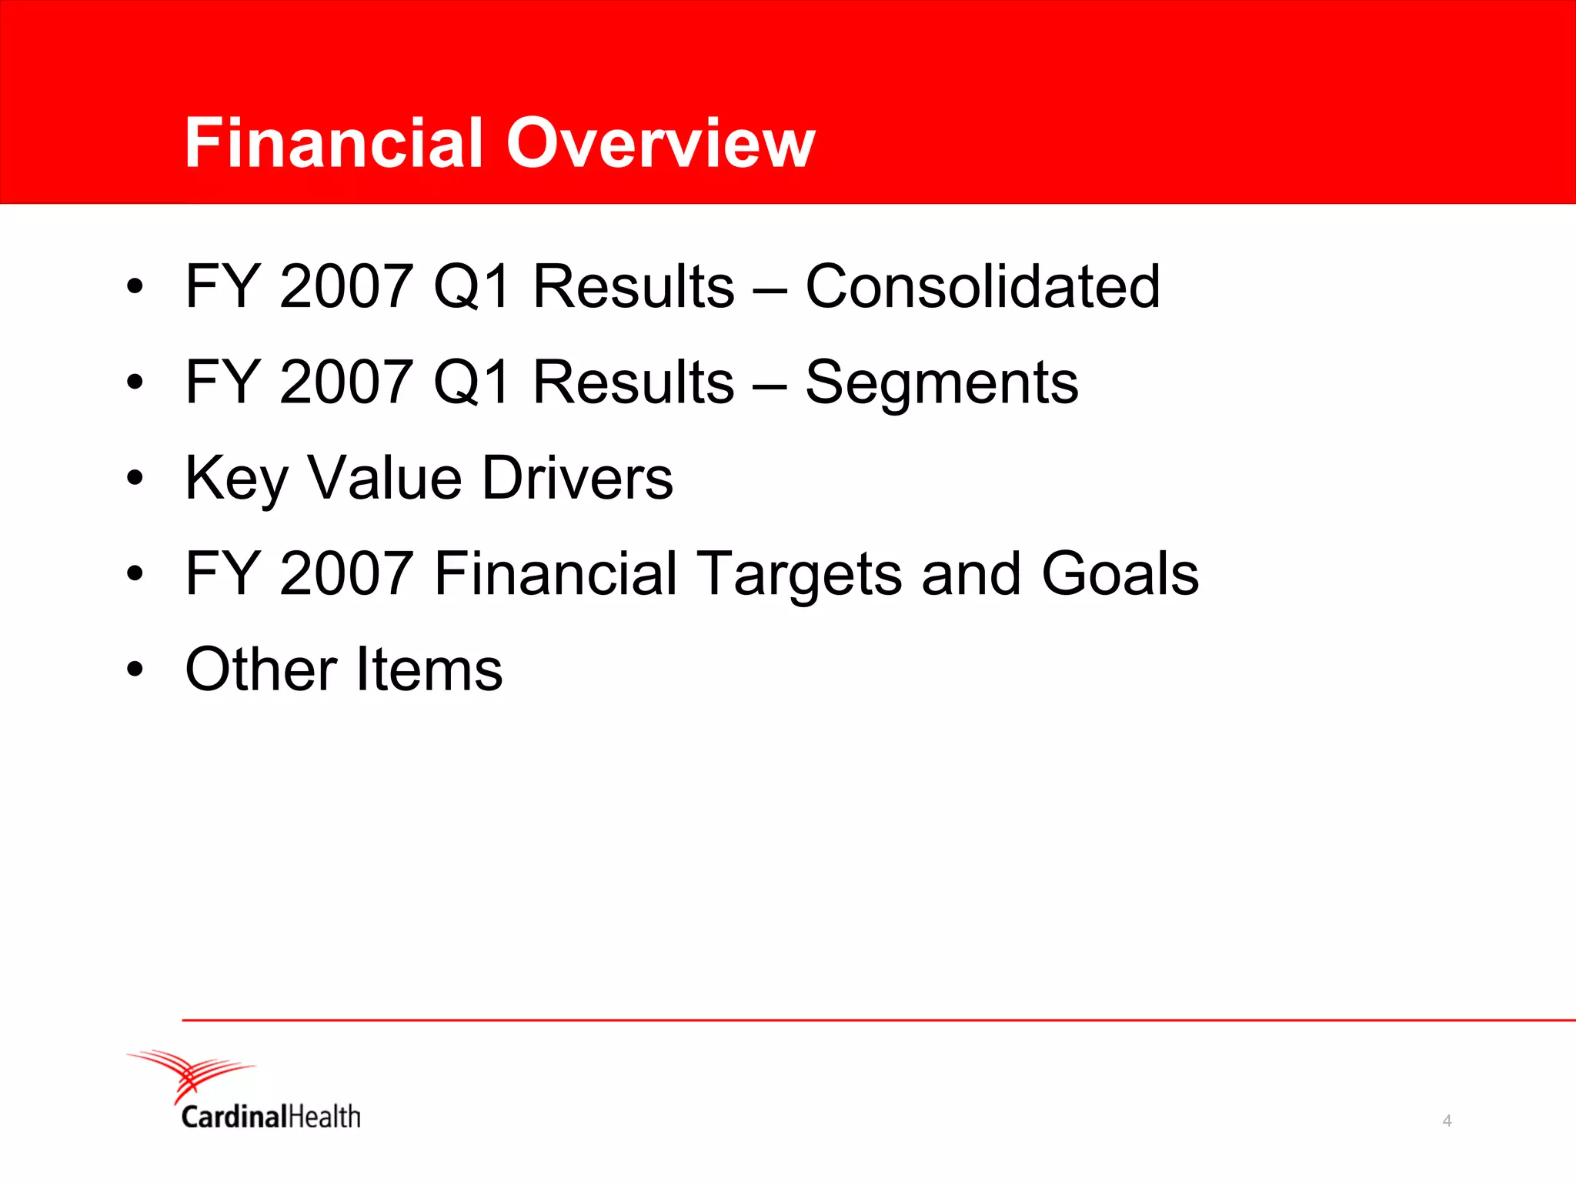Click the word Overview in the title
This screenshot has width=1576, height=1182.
[660, 143]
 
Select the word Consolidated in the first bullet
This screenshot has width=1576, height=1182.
[982, 286]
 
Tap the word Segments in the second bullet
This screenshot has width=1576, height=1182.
[941, 382]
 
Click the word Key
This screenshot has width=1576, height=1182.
[236, 479]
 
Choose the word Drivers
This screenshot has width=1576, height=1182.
[577, 479]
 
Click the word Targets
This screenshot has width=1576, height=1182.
[800, 575]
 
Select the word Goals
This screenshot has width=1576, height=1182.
[1120, 575]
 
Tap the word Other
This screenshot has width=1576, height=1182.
[262, 669]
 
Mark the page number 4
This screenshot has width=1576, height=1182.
[1447, 1121]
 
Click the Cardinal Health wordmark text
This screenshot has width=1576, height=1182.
[271, 1117]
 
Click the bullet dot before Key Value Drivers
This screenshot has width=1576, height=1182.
[135, 479]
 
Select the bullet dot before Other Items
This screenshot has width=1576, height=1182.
[135, 669]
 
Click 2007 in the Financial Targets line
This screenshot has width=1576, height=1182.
[346, 575]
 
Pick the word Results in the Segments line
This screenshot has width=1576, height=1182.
[633, 382]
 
